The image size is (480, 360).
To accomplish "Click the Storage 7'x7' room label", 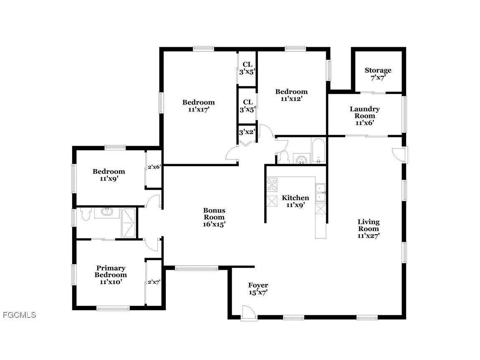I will tap(378, 74).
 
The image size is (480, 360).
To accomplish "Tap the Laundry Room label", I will tap(364, 116).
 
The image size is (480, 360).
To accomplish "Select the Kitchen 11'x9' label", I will tap(296, 201).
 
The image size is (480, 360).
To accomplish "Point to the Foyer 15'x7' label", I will tap(258, 289).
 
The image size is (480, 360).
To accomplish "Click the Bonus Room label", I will tap(214, 217).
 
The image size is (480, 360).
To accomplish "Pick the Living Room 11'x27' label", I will tap(369, 228).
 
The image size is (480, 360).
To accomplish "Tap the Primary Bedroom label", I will tap(111, 275).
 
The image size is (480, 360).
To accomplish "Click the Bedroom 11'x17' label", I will tap(199, 106).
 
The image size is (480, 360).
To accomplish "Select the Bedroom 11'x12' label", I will tap(291, 95).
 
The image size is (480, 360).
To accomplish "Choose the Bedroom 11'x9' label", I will tap(109, 175).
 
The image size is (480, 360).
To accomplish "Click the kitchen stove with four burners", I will tap(272, 185).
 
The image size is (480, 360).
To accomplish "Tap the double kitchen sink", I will tap(320, 192).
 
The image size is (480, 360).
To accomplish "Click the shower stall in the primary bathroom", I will tap(129, 223).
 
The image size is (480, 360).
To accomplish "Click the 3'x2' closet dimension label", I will tap(247, 132).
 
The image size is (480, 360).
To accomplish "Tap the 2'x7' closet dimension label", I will tap(154, 282).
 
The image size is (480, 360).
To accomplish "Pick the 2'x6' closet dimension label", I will tap(154, 167).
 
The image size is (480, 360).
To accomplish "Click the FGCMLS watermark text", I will tap(20, 315).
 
